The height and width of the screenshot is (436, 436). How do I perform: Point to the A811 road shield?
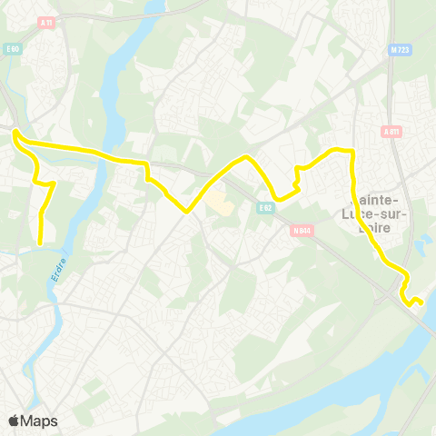(x=391, y=132)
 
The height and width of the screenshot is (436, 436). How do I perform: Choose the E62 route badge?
(x=265, y=207)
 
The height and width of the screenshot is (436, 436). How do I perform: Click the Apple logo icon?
(x=15, y=421)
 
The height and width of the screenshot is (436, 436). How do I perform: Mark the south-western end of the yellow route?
(x=41, y=243)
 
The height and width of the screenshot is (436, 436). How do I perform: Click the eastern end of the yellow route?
(x=421, y=302)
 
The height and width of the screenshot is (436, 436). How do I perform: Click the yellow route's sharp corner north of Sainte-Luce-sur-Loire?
(x=351, y=150)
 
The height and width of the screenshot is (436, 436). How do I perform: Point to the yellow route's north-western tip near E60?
(x=15, y=133)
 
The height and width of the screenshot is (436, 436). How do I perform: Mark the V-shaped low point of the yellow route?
(x=186, y=211)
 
